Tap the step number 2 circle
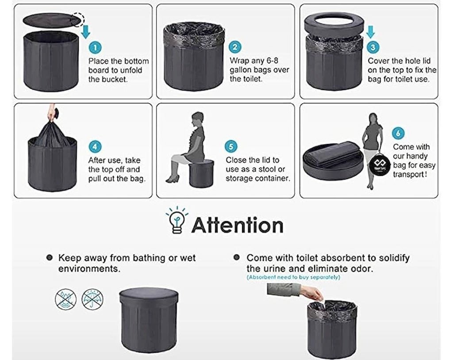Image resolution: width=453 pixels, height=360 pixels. (235, 47)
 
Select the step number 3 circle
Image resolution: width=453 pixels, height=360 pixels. (372, 47)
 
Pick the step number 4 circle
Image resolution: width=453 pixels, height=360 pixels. (95, 147)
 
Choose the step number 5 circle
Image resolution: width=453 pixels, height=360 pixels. (231, 146)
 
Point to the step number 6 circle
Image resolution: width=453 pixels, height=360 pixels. (398, 133)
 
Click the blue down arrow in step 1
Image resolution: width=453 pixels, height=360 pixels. (85, 31)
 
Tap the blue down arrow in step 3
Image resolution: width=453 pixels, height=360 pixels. (370, 32)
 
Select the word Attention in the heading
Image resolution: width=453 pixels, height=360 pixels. (238, 226)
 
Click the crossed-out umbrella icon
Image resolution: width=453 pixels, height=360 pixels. (92, 299)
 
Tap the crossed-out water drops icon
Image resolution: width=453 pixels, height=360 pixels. (66, 299)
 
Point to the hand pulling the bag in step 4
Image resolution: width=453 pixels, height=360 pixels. (53, 114)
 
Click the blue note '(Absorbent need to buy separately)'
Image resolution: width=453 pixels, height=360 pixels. (293, 277)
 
